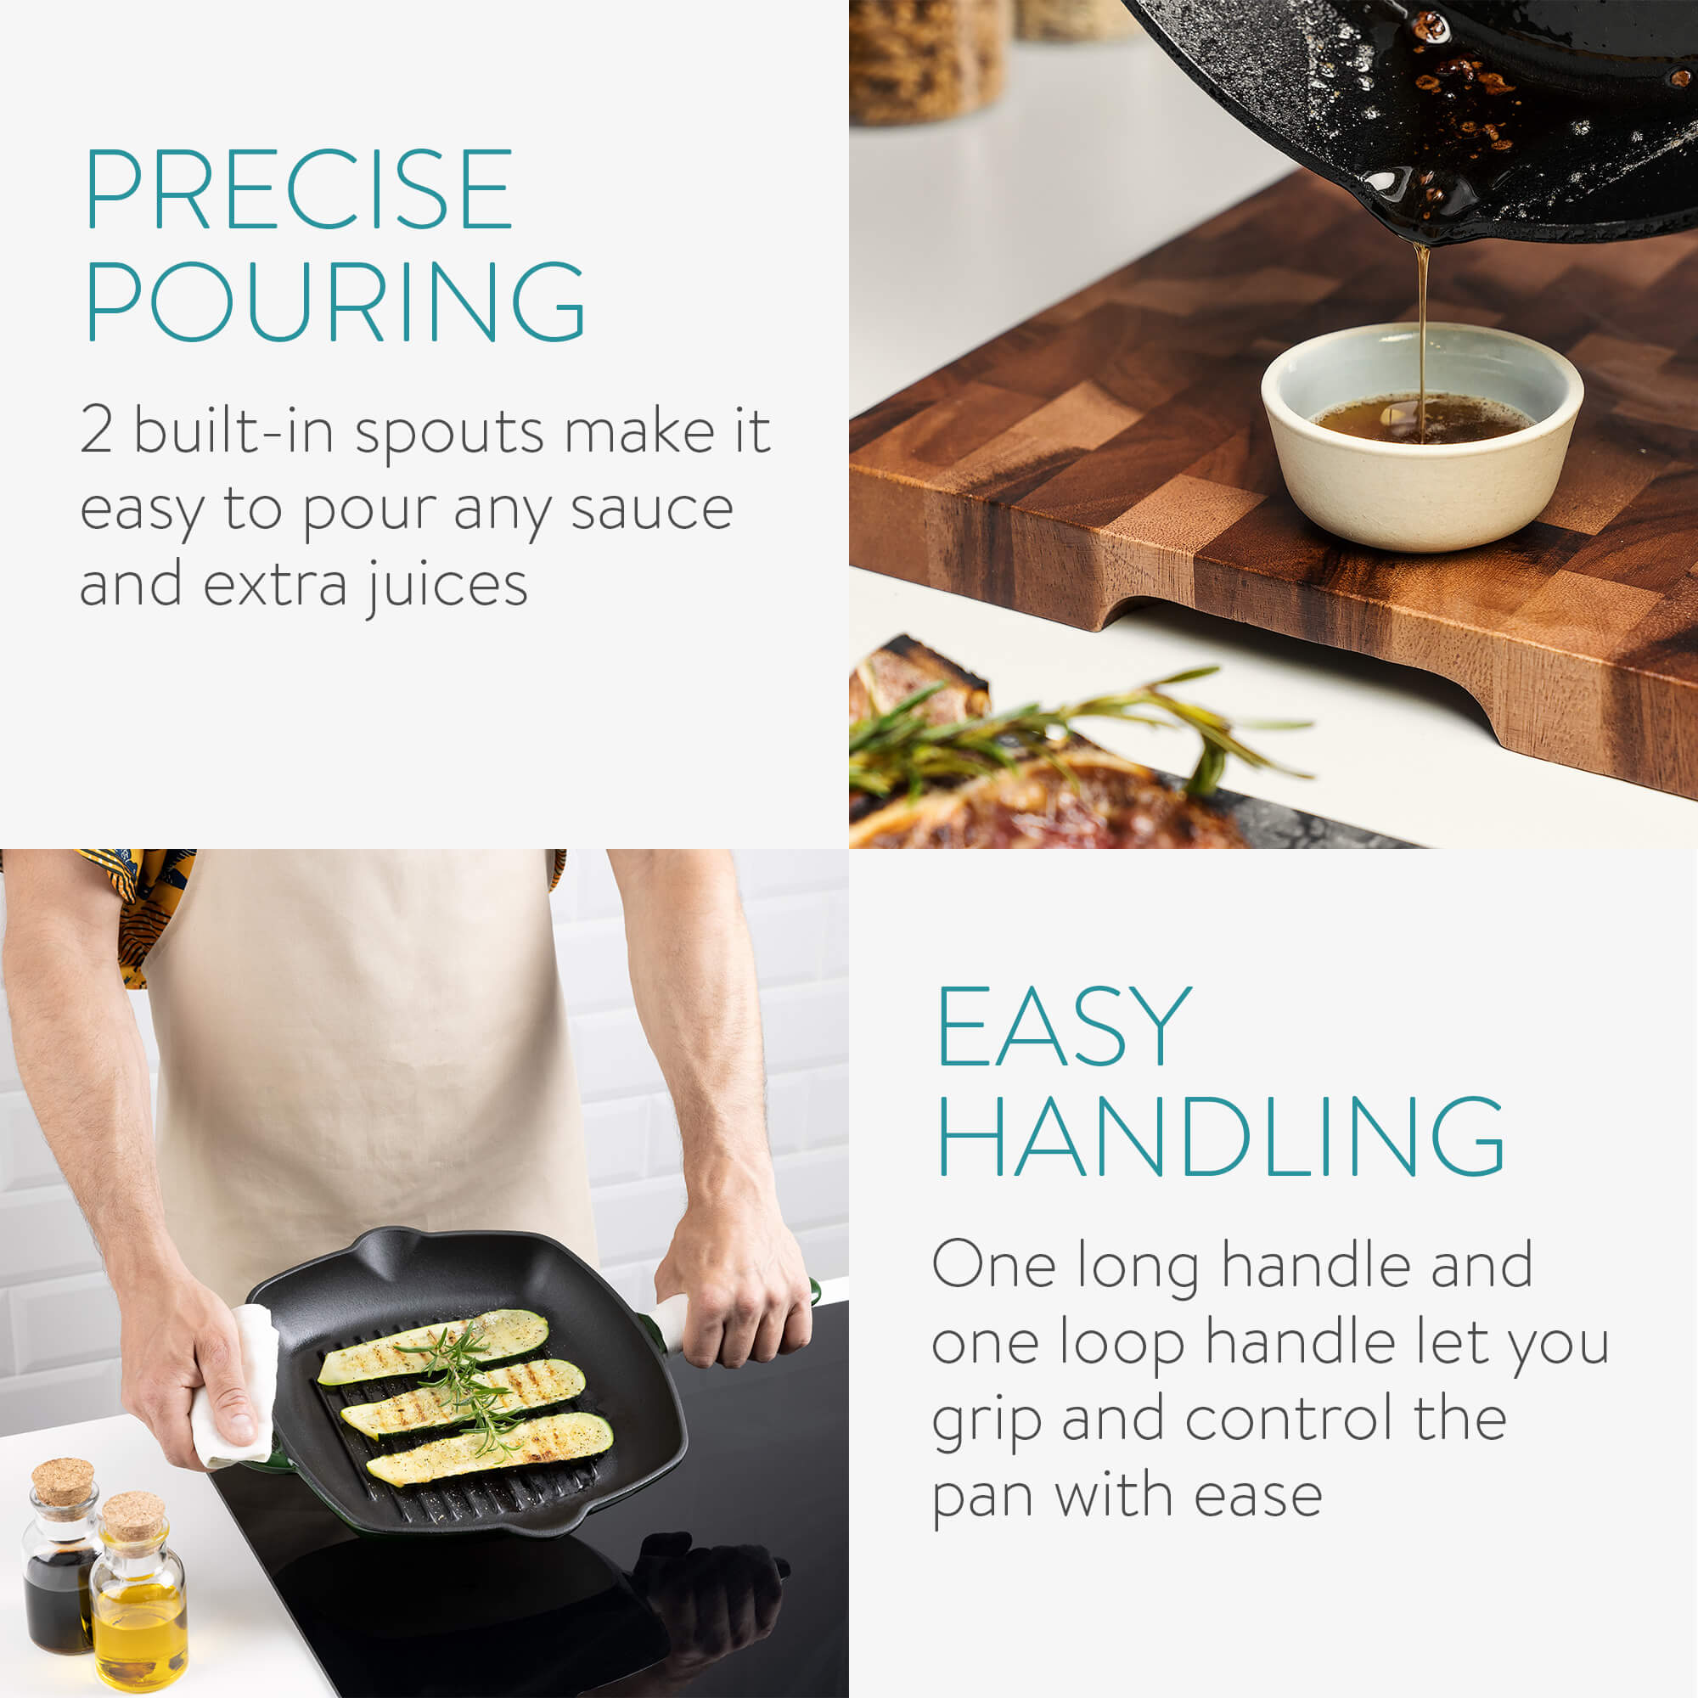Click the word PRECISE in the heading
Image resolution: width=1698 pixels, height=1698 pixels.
[x=299, y=188]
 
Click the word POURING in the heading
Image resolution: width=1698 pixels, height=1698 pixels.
[x=335, y=301]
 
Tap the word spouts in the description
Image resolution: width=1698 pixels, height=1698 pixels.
[x=449, y=434]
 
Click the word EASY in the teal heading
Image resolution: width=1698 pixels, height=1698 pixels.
[x=1065, y=1025]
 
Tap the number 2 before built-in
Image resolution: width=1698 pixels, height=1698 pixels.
[x=96, y=430]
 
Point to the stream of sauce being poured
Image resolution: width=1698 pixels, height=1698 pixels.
[x=1420, y=339]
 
